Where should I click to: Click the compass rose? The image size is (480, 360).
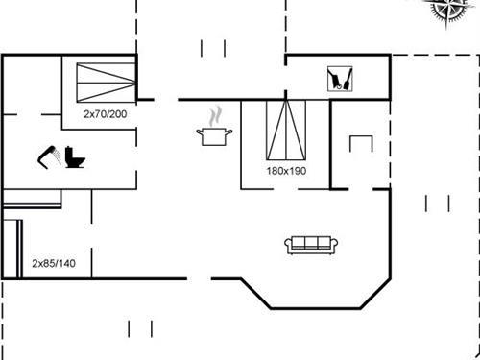pyautogui.click(x=449, y=9)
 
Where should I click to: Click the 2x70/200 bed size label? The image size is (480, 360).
pyautogui.click(x=104, y=114)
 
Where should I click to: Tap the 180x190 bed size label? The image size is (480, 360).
pyautogui.click(x=285, y=170)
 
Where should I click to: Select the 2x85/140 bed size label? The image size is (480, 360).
pyautogui.click(x=54, y=262)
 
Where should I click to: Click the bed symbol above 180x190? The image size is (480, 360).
pyautogui.click(x=285, y=130)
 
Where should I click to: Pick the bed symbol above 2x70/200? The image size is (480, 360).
pyautogui.click(x=104, y=79)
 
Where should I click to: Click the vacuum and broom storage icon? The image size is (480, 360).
pyautogui.click(x=339, y=77)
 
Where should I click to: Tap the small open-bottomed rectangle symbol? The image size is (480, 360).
pyautogui.click(x=360, y=143)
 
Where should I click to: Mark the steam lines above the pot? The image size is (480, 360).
pyautogui.click(x=218, y=114)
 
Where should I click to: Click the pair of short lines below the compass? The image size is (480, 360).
pyautogui.click(x=437, y=202)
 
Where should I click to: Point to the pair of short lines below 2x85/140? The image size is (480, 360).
pyautogui.click(x=140, y=328)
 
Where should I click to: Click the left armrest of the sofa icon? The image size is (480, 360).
pyautogui.click(x=288, y=245)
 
